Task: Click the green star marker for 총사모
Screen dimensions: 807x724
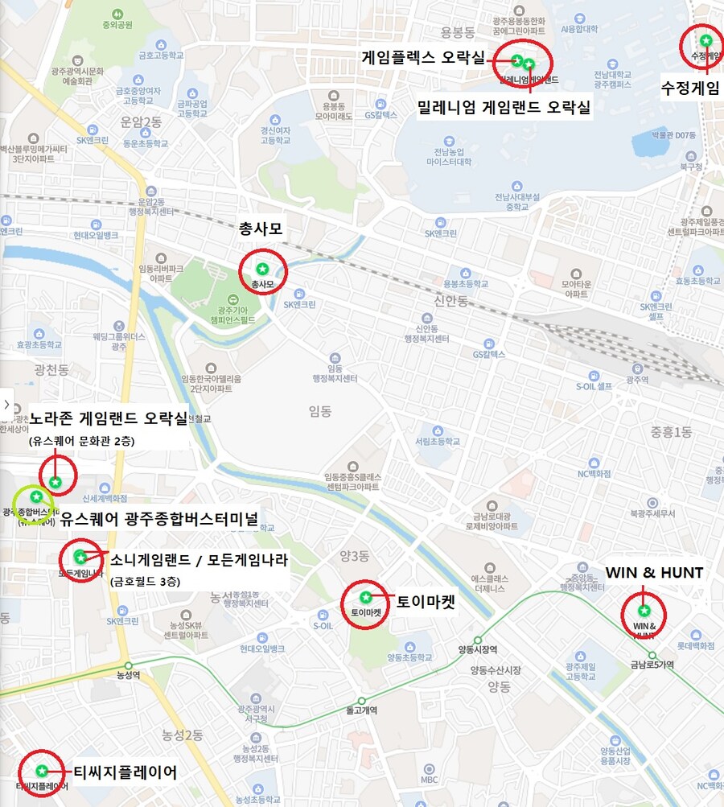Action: [x=261, y=268]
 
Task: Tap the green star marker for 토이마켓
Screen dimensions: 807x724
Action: [x=366, y=597]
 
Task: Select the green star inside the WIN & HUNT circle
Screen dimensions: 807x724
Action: [x=644, y=610]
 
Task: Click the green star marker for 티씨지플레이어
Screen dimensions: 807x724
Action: [x=41, y=771]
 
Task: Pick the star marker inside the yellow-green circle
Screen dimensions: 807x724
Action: [x=35, y=496]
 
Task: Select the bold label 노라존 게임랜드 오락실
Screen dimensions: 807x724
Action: [x=108, y=419]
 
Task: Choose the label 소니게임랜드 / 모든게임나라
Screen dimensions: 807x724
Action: [x=199, y=559]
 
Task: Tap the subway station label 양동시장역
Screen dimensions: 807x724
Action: [x=477, y=650]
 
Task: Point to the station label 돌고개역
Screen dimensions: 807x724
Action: [x=361, y=710]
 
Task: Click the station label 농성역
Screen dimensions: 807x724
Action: [x=128, y=674]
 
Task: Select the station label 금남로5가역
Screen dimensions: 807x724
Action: [x=652, y=665]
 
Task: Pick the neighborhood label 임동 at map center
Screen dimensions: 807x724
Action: [x=319, y=411]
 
